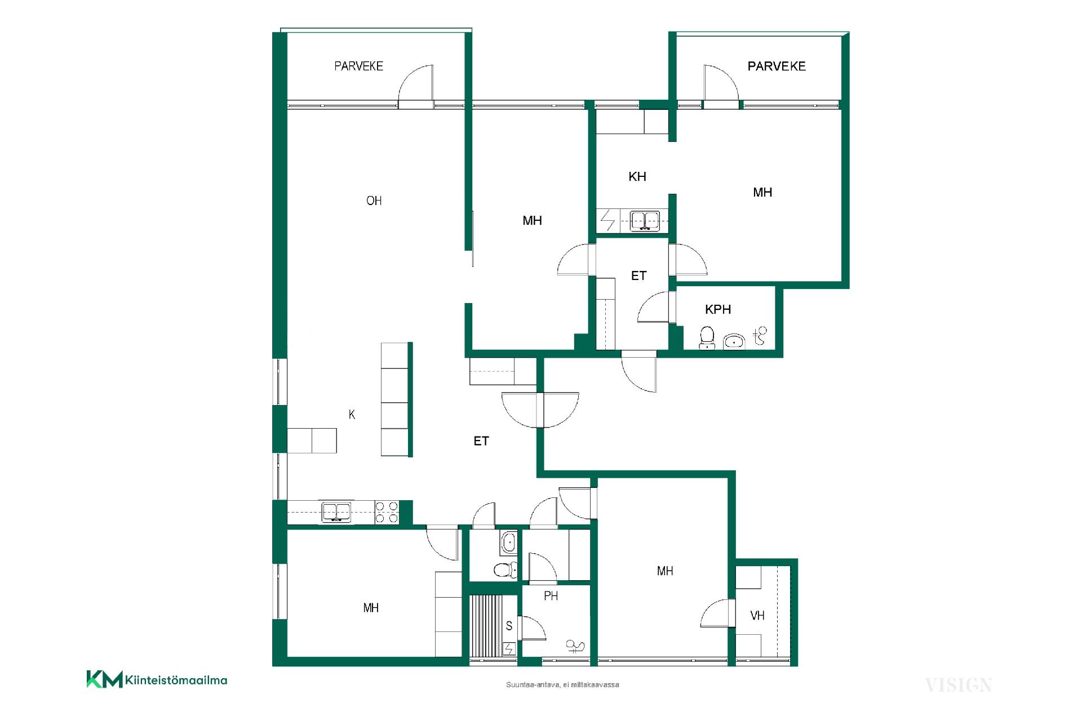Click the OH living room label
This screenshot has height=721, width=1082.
pos(374,201)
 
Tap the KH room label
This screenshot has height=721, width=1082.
pos(637,177)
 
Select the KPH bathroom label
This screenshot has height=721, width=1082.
pos(718,309)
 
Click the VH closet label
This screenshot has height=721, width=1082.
pos(757,616)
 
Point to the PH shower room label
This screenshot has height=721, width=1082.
pos(551,595)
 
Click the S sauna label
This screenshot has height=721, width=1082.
pos(509,626)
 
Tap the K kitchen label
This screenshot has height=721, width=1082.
pos(352,415)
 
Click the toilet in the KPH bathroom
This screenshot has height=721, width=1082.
pos(707,338)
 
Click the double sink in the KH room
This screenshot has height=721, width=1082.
pos(645,220)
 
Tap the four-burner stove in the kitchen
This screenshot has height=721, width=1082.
pos(387,512)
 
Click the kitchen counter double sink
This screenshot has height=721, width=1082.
pos(336,512)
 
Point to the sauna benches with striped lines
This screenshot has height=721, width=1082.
pos(486,625)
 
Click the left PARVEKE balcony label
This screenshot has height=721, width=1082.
pos(358,66)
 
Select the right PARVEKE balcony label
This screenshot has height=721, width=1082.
pos(777,66)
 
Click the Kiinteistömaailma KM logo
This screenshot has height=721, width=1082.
pos(157,679)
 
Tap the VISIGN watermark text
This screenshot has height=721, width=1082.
pos(959,685)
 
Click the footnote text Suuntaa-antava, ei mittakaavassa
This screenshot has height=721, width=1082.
pos(562,685)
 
